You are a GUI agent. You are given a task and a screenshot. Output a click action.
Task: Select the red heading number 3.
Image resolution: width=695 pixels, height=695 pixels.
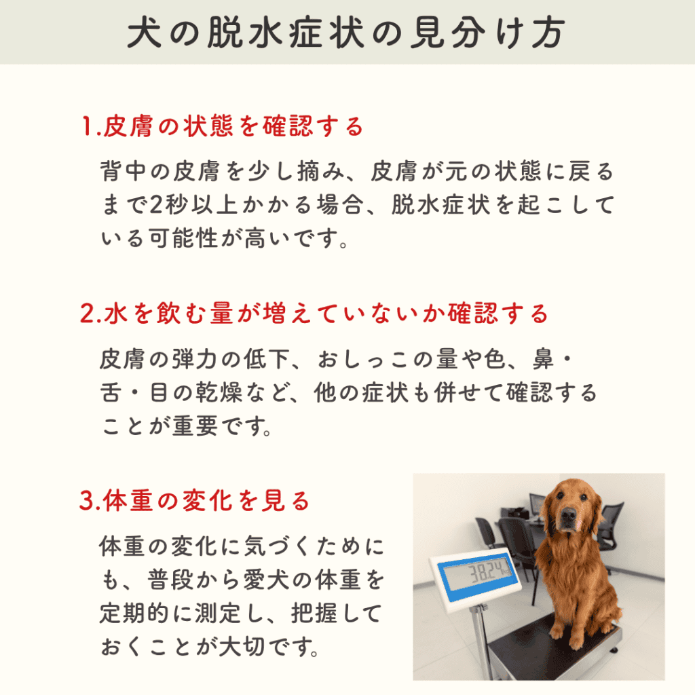pyautogui.click(x=87, y=501)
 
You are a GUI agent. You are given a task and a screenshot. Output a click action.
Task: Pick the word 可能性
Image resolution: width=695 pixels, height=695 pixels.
pyautogui.click(x=183, y=238)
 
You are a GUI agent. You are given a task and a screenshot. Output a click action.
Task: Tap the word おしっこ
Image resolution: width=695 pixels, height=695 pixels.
pyautogui.click(x=361, y=360)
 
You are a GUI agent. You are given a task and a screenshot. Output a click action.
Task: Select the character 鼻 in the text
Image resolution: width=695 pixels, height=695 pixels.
pyautogui.click(x=544, y=360)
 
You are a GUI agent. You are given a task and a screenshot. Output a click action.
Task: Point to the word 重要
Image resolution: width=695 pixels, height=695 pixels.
pyautogui.click(x=195, y=426)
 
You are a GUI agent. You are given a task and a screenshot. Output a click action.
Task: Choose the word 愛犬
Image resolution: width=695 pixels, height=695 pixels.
pyautogui.click(x=266, y=580)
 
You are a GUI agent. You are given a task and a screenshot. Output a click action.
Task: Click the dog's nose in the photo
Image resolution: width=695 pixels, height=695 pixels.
pyautogui.click(x=569, y=514)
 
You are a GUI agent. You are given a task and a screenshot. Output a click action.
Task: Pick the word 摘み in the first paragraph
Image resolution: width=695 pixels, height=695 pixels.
pyautogui.click(x=320, y=172)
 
